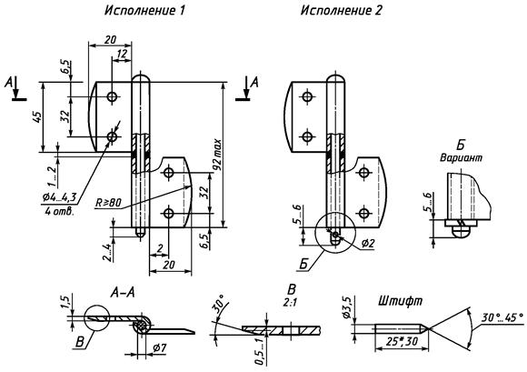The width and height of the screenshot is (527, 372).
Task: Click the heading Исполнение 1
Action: click(144, 10)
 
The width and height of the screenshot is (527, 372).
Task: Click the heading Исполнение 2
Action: click(341, 10)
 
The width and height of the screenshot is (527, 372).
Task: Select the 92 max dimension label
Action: click(217, 154)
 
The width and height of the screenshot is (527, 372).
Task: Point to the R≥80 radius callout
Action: click(108, 203)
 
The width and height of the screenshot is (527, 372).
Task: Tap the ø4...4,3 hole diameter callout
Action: click(59, 197)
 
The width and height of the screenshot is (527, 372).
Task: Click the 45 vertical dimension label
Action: click(37, 116)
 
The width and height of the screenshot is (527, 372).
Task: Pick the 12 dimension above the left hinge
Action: click(122, 54)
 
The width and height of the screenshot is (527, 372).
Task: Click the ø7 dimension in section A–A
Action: click(159, 348)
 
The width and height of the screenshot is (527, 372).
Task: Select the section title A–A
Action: click(123, 293)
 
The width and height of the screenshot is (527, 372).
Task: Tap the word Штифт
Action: click(400, 301)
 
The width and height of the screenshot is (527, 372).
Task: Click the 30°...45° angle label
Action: click(502, 317)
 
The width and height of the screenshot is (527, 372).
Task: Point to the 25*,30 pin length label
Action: click(402, 341)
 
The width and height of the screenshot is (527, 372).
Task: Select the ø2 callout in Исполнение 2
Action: click(368, 244)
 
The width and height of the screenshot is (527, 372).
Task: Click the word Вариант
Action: click(461, 157)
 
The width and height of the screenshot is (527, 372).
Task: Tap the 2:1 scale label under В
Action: click(289, 302)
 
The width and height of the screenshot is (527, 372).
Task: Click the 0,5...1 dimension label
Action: click(259, 352)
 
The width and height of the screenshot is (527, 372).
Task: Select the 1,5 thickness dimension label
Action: click(65, 301)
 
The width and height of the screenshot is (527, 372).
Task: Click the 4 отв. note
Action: click(58, 212)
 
